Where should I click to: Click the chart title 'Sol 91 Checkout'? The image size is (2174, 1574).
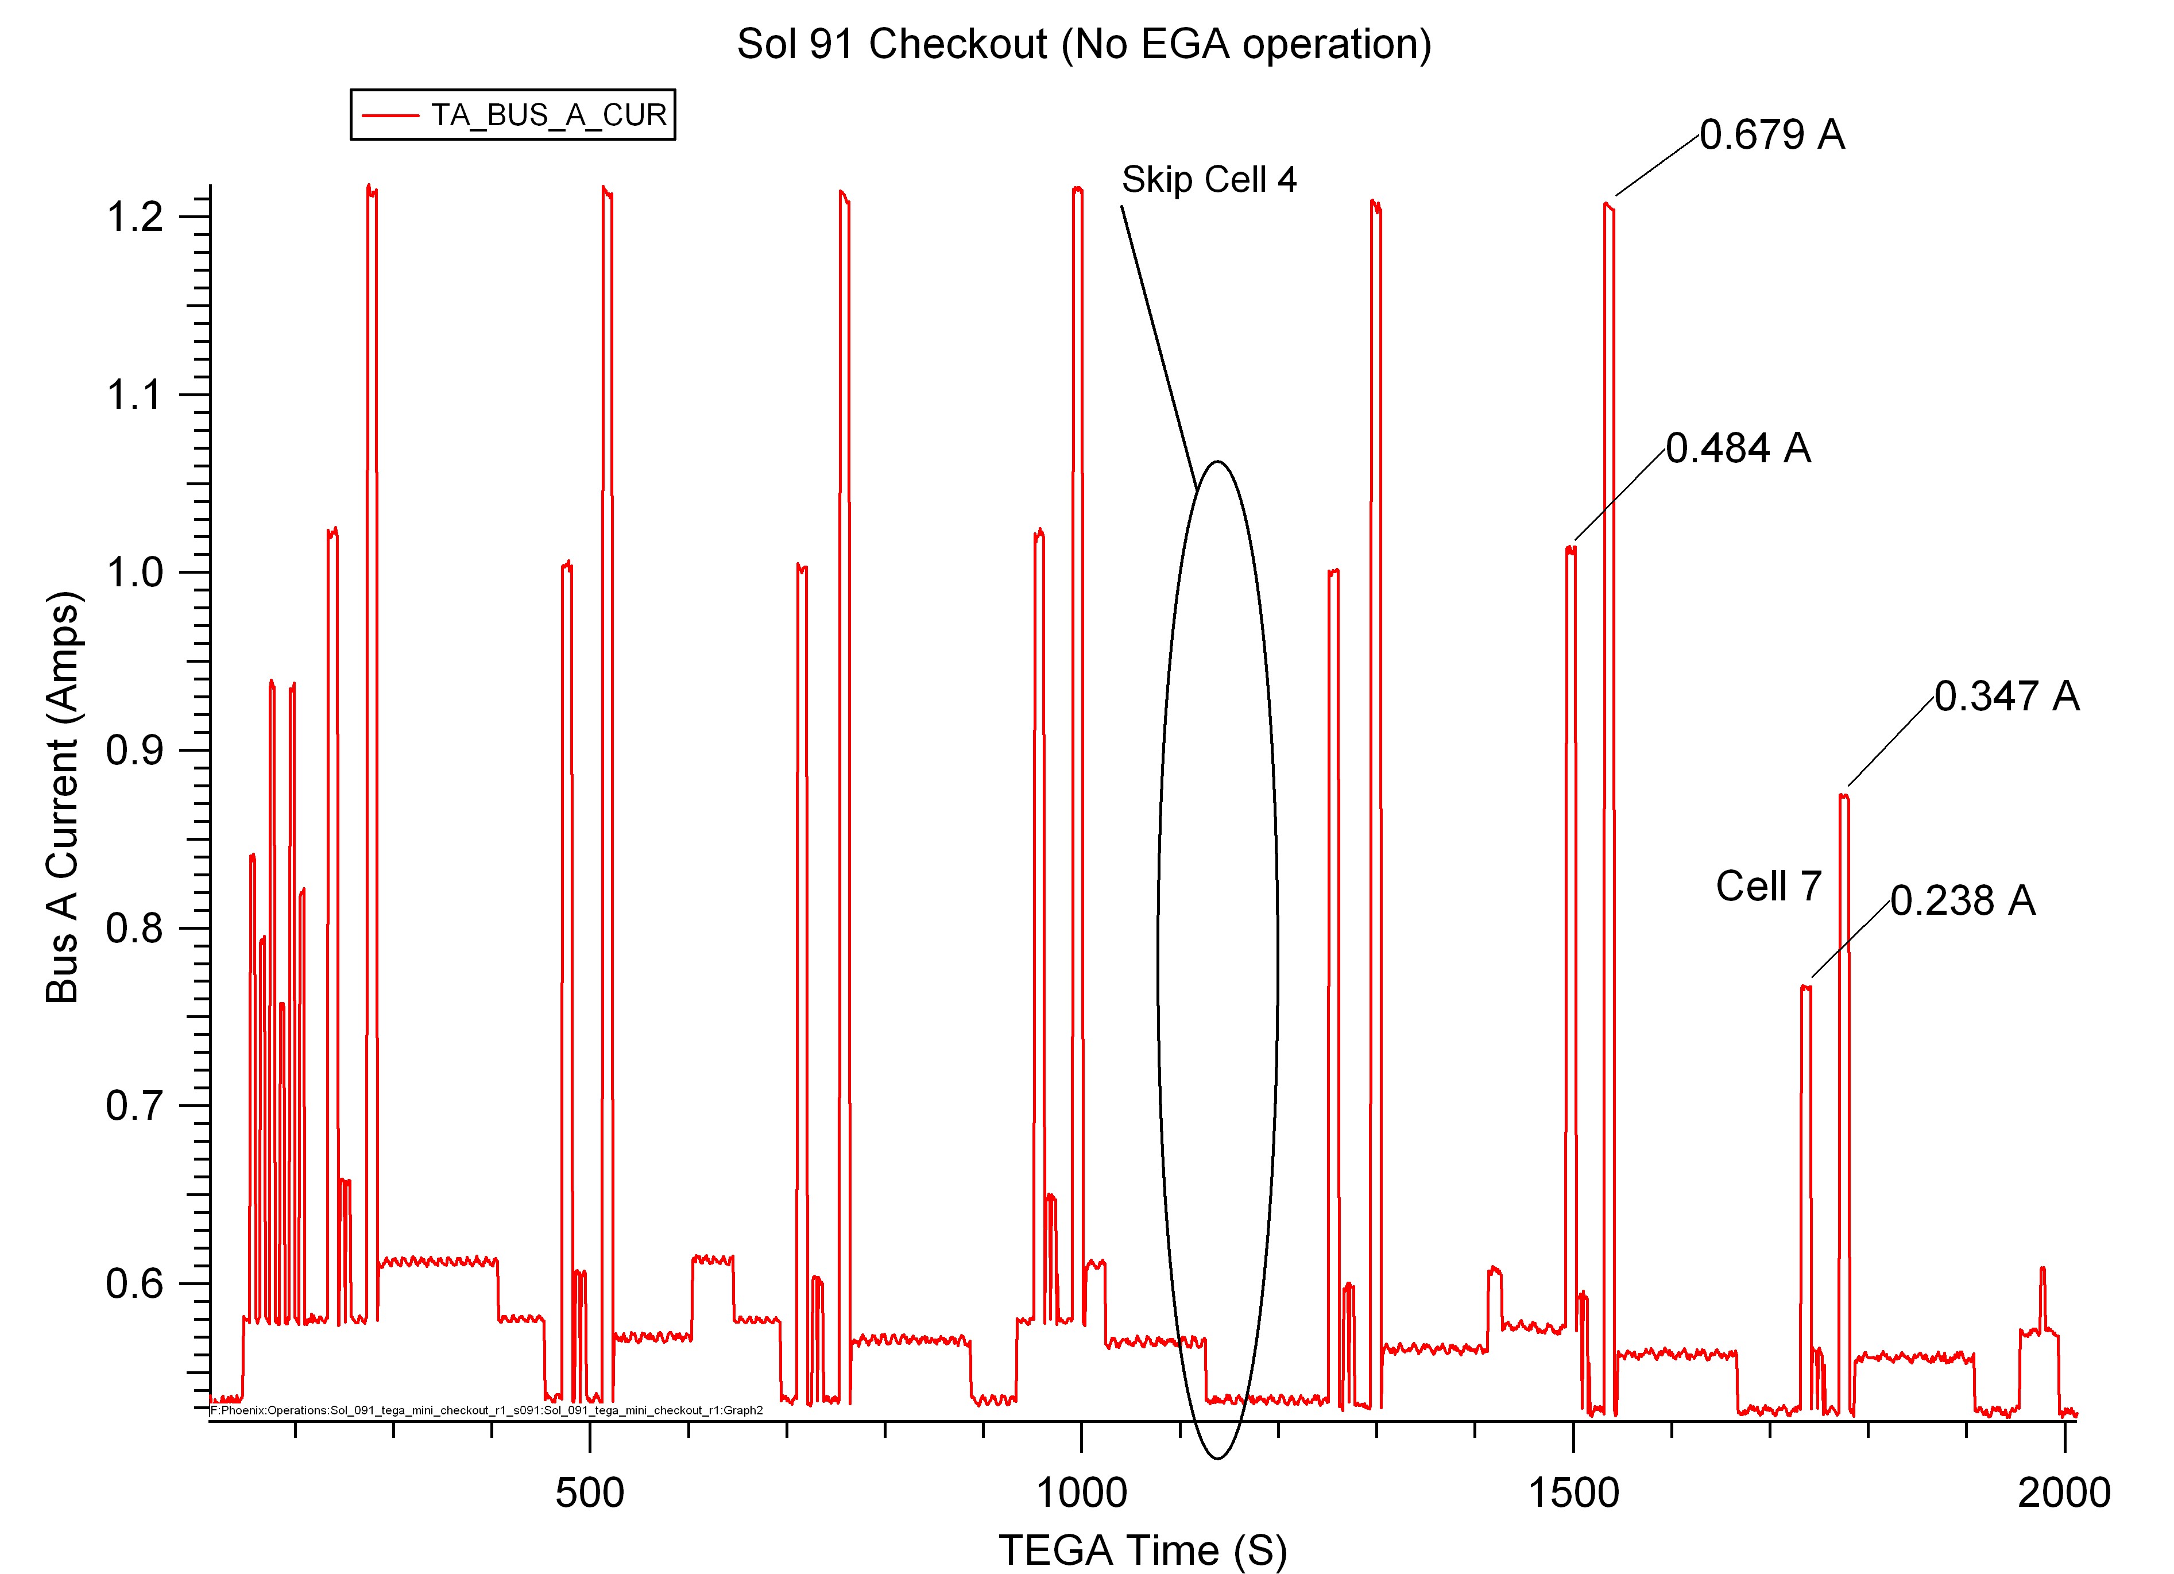(891, 44)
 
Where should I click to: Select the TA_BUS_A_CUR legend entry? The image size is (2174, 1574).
(513, 115)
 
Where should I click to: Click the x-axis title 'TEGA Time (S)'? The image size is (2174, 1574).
(1143, 1550)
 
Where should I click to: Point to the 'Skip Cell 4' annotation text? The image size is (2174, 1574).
(1209, 179)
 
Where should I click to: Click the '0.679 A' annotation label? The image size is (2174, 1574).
(1773, 135)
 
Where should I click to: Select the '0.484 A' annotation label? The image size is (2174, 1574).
(1738, 448)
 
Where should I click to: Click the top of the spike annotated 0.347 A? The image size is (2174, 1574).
(1843, 795)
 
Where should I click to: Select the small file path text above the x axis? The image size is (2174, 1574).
(487, 1410)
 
